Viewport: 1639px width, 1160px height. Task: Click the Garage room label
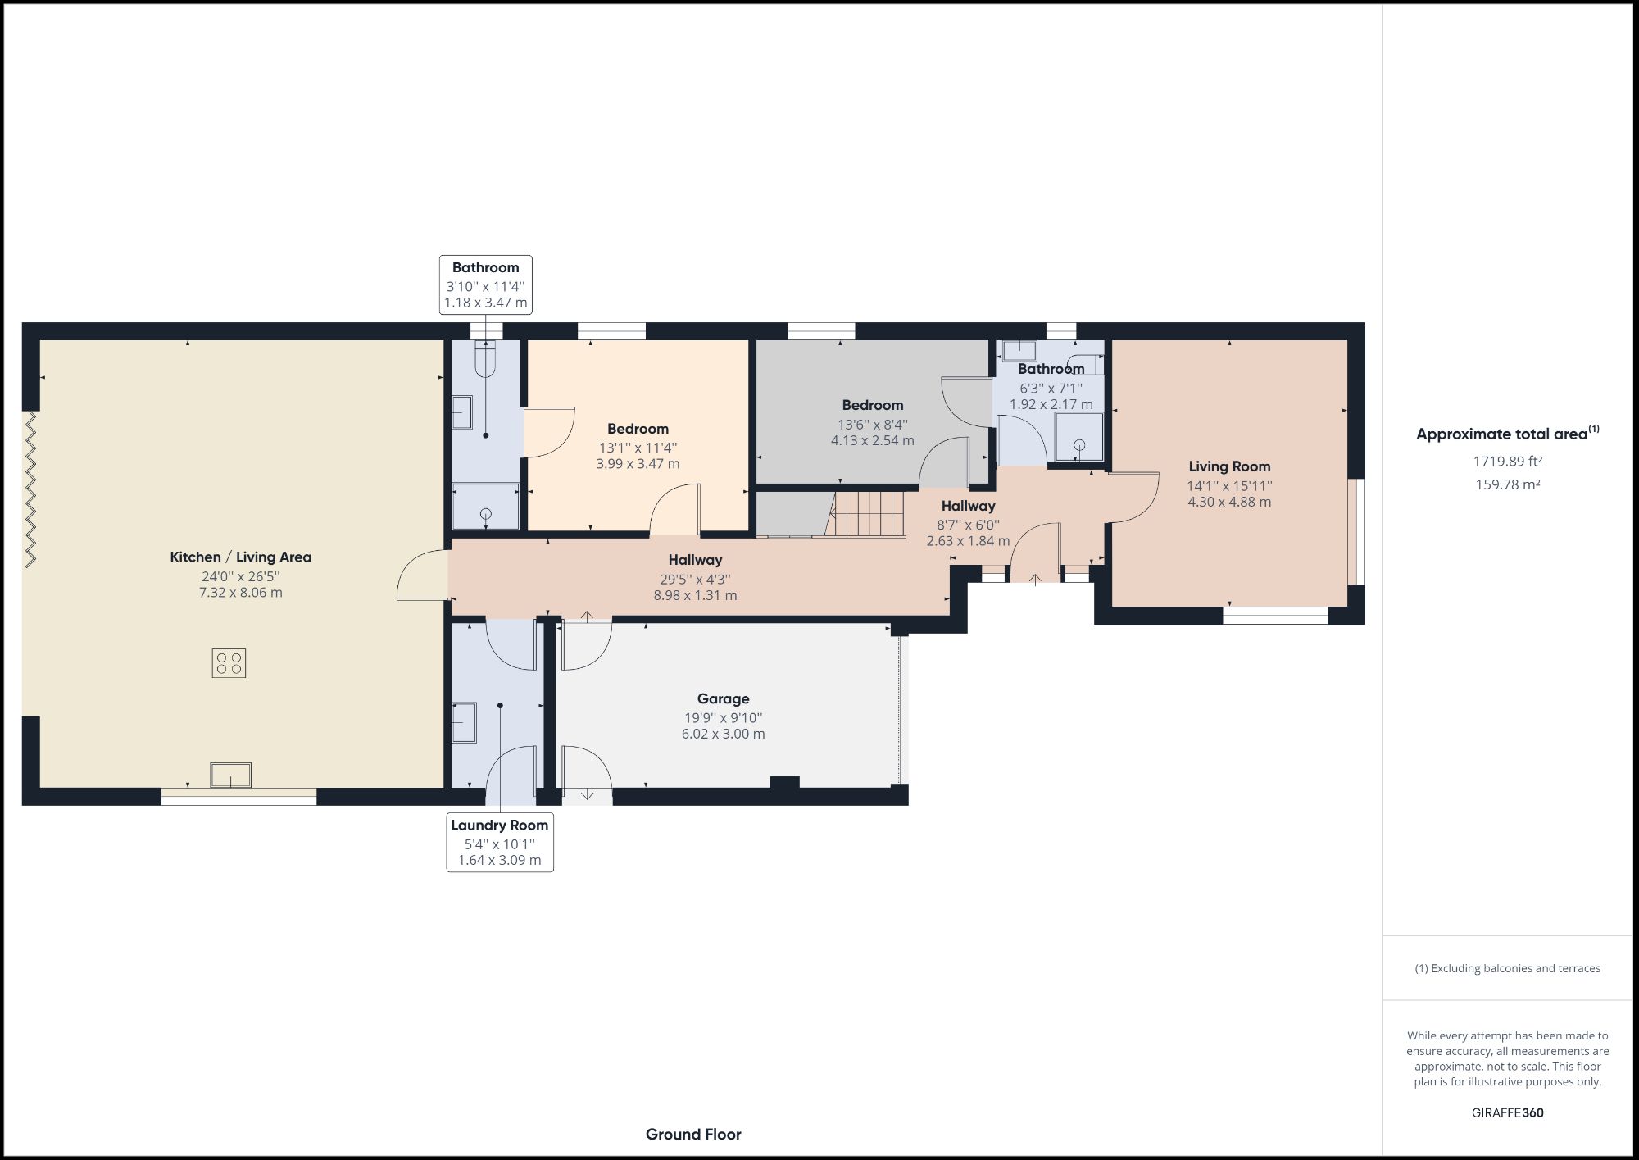coord(723,698)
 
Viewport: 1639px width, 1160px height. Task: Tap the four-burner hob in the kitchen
coord(229,662)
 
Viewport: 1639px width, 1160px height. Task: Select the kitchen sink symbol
coord(230,775)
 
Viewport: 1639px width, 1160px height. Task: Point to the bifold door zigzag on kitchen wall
coord(31,489)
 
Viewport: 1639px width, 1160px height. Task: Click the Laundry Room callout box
coord(499,842)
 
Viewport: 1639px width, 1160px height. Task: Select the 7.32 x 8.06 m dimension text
coord(240,593)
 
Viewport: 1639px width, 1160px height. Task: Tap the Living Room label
coord(1229,466)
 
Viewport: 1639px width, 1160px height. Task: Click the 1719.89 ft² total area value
coord(1507,462)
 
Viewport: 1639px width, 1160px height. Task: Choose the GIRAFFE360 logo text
coord(1507,1112)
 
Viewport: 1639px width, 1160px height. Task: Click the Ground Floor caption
coord(693,1135)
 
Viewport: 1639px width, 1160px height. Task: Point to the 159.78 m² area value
coord(1507,484)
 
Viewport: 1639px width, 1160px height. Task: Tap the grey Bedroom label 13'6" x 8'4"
coord(872,405)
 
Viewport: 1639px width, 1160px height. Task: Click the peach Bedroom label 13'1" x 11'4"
coord(638,429)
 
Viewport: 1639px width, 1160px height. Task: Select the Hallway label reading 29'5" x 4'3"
coord(695,560)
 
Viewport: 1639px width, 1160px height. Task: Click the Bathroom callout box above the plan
coord(485,284)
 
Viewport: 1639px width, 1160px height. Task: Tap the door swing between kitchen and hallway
coord(422,574)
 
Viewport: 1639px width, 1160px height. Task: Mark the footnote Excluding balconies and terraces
coord(1507,968)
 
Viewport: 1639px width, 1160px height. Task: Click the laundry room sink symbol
coord(464,722)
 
